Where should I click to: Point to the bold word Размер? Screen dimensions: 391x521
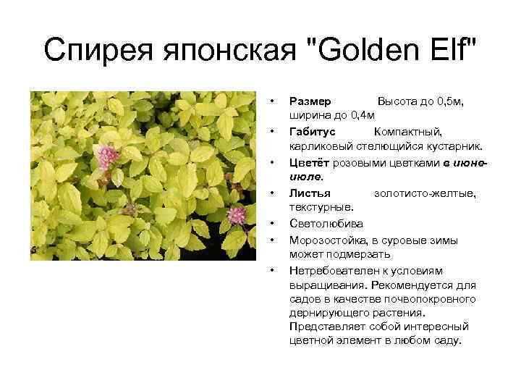tap(310, 102)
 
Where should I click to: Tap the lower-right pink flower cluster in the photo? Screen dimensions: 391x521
tap(237, 214)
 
